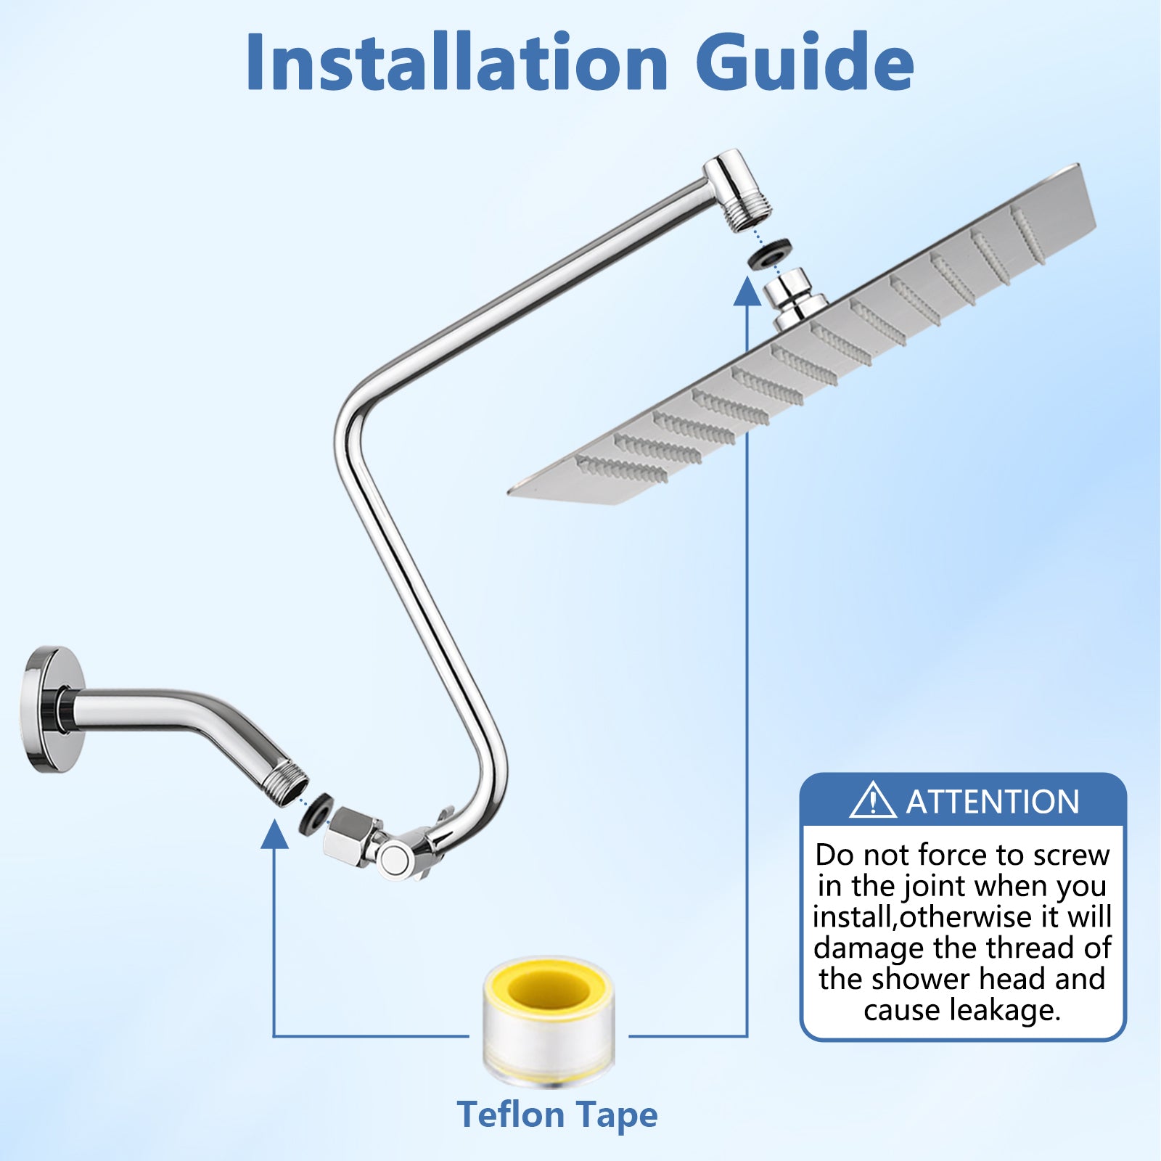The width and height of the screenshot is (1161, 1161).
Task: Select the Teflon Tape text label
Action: pos(557,1115)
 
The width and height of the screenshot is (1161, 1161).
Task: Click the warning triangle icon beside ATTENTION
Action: pos(873,801)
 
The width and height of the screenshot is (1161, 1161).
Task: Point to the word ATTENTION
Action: pos(993,802)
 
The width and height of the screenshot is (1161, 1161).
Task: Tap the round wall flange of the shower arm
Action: pos(51,709)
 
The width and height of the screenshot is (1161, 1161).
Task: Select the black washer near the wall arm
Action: pos(316,814)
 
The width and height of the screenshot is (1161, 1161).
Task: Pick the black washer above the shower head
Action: pos(769,254)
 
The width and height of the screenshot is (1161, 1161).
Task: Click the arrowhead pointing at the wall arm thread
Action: pos(274,834)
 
